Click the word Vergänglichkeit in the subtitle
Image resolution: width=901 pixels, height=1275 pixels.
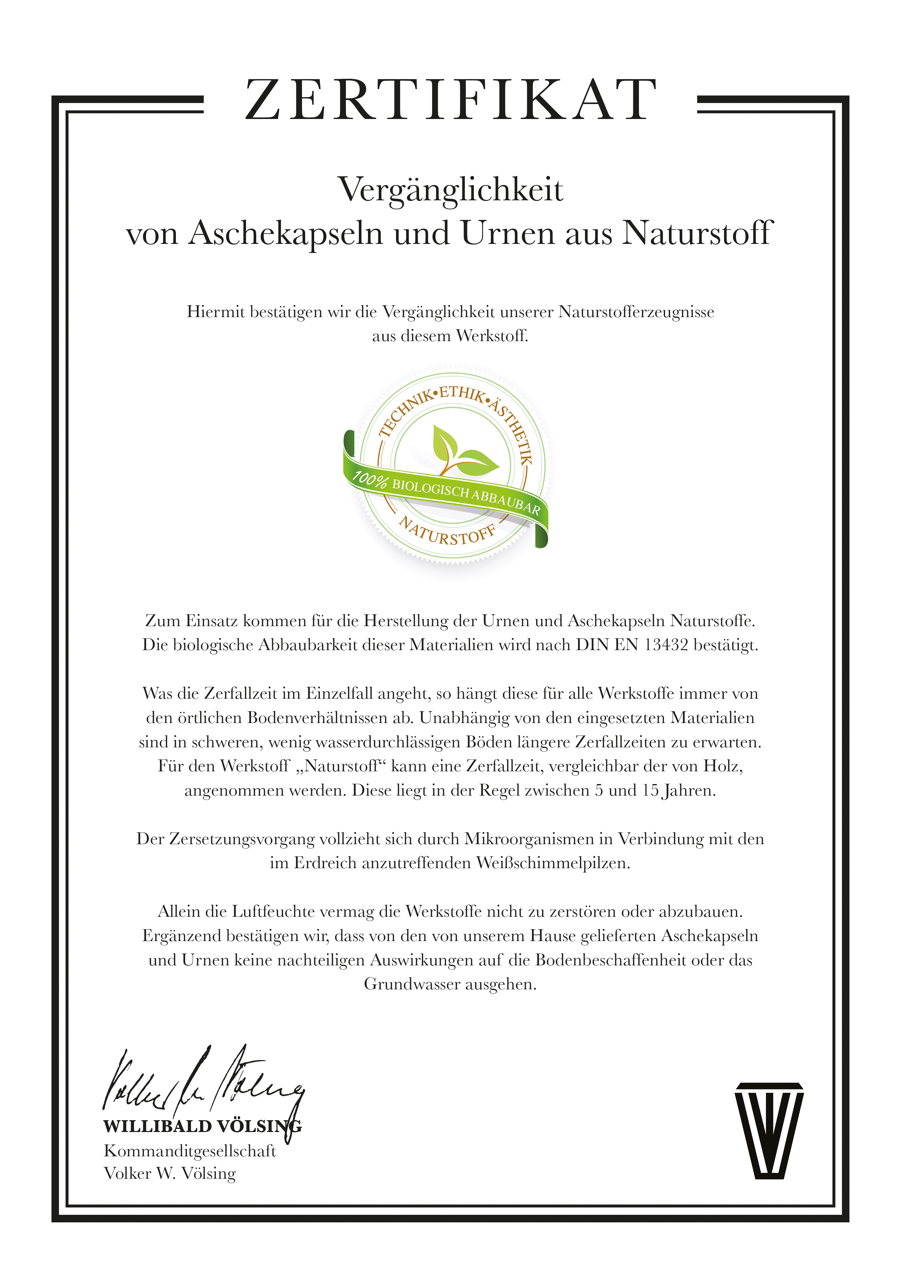450,190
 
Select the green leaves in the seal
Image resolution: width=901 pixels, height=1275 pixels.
462,451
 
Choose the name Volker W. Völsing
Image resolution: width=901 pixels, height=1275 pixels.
170,1173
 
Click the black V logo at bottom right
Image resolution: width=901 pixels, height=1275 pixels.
769,1130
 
